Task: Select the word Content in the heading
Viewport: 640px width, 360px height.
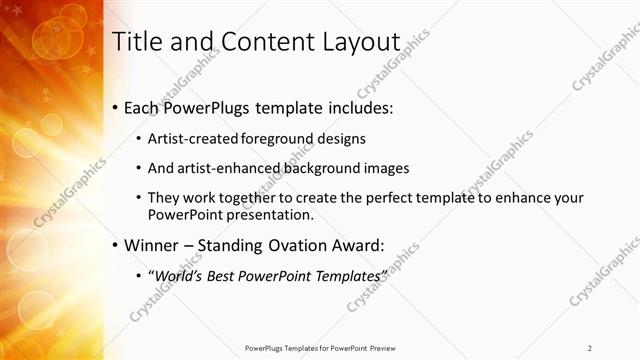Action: click(259, 42)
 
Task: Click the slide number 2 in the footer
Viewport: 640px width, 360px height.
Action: click(590, 348)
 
